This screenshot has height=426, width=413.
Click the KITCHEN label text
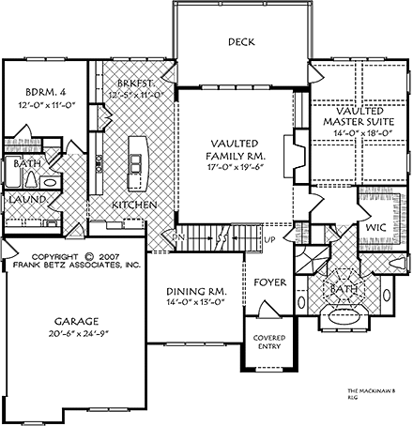pyautogui.click(x=134, y=204)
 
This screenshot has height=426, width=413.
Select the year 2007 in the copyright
pyautogui.click(x=110, y=255)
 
